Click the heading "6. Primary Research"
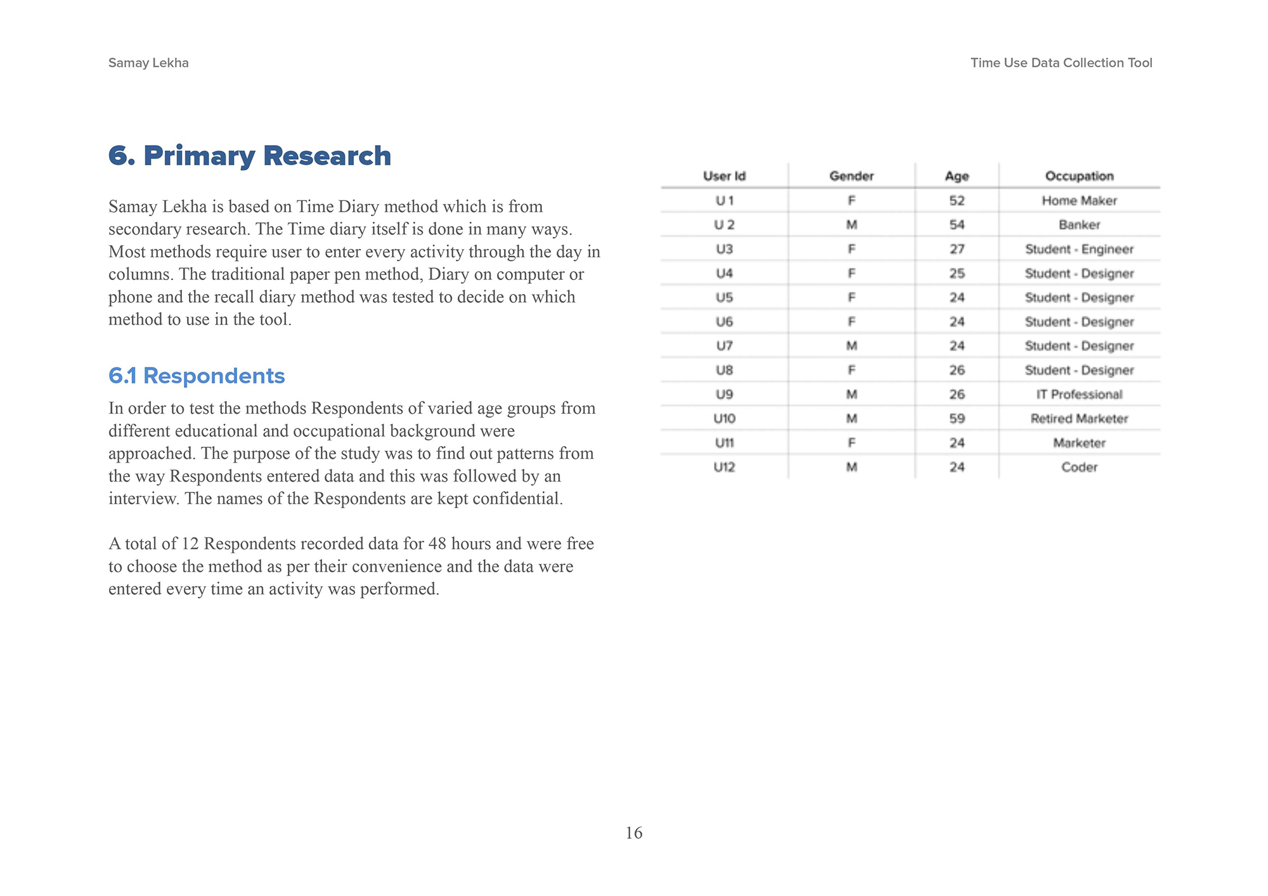249,156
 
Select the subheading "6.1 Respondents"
197,376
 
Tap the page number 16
633,833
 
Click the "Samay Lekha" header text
148,63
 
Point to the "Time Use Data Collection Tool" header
1061,63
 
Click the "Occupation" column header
1079,176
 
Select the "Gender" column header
851,176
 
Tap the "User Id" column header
724,176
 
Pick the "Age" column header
957,176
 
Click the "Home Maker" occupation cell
1079,201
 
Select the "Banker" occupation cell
1079,225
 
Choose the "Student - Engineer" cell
1079,249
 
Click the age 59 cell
957,419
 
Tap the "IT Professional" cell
1079,395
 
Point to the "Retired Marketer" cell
1079,419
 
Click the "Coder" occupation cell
1079,467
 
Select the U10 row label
724,419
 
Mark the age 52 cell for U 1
957,201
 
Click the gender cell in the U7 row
851,346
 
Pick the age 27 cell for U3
957,249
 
